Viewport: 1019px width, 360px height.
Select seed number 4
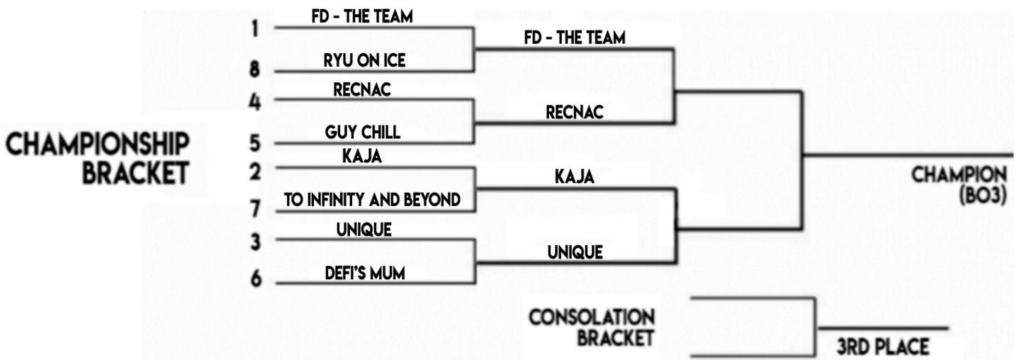pos(255,101)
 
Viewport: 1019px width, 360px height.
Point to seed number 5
pos(255,143)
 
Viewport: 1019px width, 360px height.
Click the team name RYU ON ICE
pos(364,61)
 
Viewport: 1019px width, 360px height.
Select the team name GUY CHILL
pos(362,133)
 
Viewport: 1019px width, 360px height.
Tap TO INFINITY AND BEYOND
pos(372,200)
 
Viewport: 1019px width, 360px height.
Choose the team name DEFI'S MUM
pos(365,272)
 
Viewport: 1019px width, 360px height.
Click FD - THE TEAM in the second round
pos(575,38)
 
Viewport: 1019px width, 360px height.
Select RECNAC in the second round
pos(574,112)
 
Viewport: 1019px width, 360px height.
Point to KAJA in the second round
pos(574,177)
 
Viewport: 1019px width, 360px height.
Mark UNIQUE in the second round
pos(575,252)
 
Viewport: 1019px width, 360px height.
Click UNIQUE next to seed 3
pos(364,230)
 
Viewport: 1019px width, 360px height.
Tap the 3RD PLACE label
pos(882,347)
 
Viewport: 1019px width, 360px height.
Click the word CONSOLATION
pos(592,316)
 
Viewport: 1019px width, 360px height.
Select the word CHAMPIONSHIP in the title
pos(98,145)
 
